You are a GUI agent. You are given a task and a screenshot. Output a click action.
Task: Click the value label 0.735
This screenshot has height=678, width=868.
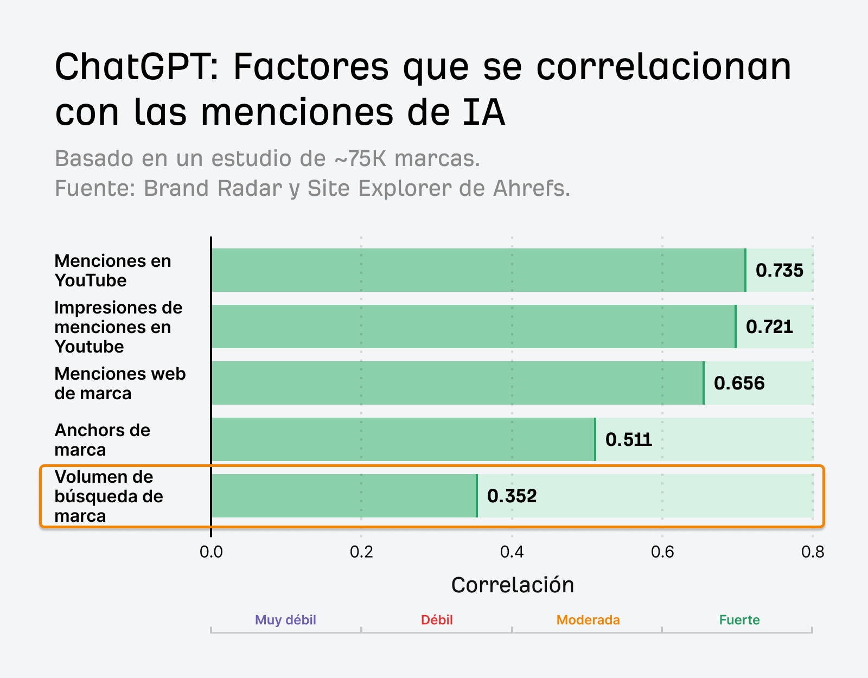779,270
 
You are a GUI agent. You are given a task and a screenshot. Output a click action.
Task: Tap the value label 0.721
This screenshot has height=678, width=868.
769,327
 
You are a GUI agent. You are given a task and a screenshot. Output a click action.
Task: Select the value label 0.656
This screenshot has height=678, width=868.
739,383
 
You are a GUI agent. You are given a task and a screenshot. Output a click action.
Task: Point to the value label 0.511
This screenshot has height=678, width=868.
628,439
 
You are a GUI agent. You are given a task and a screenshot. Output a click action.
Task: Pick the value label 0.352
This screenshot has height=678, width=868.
512,496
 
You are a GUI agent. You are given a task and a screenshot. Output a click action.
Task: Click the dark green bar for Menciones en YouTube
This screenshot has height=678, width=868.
477,270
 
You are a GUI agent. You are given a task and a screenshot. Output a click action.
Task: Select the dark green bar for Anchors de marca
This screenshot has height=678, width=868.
403,439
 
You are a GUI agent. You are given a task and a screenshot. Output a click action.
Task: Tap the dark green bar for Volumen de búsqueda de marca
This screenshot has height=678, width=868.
344,496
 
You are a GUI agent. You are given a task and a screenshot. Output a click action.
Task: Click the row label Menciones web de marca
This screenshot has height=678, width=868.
120,383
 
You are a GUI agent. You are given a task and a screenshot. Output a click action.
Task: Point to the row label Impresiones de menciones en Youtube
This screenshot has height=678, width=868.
118,327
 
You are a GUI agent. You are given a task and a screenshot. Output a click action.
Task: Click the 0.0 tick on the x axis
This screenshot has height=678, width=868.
211,552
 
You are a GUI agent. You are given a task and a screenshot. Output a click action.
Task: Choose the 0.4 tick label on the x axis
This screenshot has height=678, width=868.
512,552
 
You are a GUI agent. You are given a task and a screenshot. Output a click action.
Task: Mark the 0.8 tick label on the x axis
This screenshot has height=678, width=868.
812,552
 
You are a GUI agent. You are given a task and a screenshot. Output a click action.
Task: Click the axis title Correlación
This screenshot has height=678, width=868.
512,585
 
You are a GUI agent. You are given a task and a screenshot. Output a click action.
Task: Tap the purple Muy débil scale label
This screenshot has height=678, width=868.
285,620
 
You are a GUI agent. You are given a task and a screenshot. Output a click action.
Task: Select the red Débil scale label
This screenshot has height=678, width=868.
437,620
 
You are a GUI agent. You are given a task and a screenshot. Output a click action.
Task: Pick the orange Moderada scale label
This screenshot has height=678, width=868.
588,620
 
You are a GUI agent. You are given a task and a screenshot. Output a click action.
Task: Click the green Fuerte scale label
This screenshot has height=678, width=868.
739,620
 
